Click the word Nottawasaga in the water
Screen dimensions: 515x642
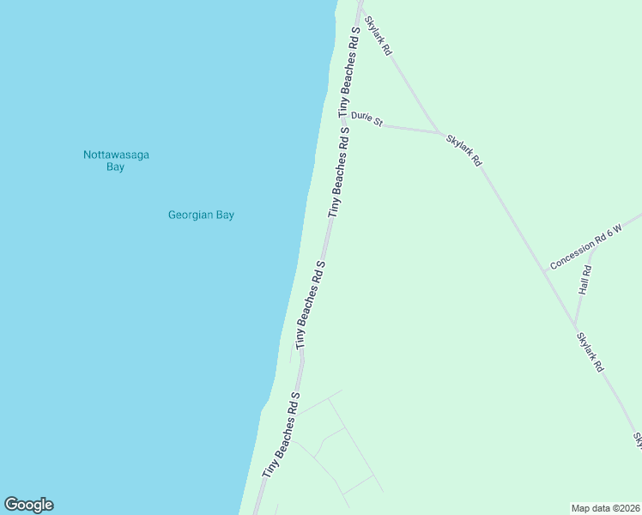[116, 154]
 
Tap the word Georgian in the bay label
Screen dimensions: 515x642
[186, 215]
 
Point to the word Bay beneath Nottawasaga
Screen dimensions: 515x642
[116, 167]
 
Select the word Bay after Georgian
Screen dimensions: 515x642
[223, 215]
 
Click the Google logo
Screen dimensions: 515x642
[28, 505]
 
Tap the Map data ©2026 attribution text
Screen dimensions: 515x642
[606, 508]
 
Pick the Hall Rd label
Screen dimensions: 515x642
[585, 281]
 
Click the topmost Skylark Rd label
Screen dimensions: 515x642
[378, 36]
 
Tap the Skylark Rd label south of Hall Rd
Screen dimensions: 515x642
[590, 352]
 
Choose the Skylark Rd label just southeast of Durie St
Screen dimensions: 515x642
[464, 149]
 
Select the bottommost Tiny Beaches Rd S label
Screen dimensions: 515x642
[281, 436]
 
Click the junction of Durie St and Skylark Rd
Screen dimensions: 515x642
[442, 133]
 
